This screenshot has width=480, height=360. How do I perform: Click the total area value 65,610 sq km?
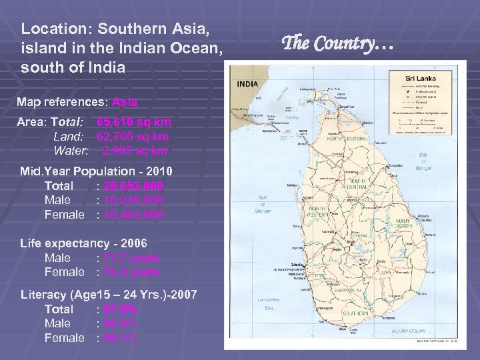click(133, 123)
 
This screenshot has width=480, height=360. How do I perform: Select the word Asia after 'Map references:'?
click(125, 103)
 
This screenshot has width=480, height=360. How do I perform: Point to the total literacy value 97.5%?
click(118, 309)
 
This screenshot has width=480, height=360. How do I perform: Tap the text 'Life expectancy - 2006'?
click(83, 243)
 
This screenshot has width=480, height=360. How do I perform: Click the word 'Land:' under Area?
click(67, 137)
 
